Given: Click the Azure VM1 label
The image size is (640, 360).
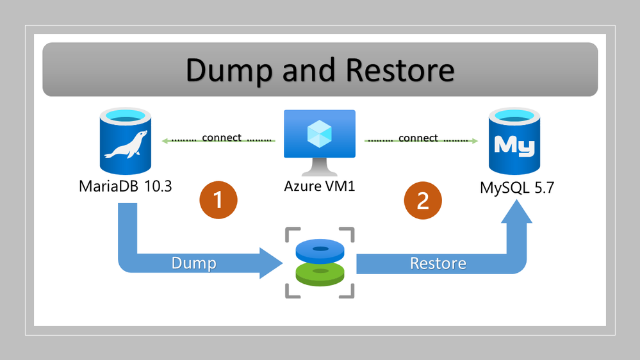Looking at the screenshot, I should (x=320, y=187).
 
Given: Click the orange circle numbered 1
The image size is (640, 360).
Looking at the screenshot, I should (x=218, y=200).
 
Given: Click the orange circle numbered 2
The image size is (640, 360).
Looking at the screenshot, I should (x=423, y=200).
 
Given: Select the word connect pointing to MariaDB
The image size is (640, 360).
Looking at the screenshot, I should (x=222, y=137).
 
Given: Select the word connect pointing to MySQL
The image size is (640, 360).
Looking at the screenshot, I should (x=418, y=138).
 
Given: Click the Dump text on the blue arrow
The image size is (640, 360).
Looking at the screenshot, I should (x=193, y=263).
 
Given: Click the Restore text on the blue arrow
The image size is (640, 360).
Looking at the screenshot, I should (x=438, y=263).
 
